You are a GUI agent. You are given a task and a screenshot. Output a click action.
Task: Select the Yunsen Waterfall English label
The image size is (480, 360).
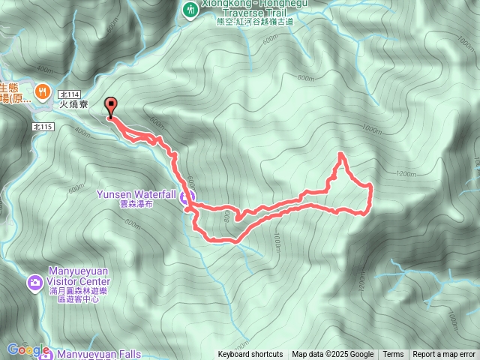(x=136, y=193)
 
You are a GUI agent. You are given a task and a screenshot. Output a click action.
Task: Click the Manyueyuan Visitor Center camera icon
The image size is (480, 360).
(x=34, y=283)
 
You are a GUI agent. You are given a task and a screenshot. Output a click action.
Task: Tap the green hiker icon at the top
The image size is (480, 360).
(x=190, y=9)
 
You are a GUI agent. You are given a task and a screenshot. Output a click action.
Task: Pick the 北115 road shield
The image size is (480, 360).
(x=43, y=127)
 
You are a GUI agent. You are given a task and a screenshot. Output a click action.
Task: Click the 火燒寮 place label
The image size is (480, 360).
(x=74, y=106)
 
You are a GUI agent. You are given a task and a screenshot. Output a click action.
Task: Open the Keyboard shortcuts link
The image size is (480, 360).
(x=250, y=355)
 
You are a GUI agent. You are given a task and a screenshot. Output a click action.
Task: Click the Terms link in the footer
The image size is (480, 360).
(x=393, y=355)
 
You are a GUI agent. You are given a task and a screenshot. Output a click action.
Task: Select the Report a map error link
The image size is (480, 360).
(x=444, y=355)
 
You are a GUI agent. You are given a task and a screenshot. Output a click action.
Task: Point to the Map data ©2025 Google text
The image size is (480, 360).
(x=333, y=355)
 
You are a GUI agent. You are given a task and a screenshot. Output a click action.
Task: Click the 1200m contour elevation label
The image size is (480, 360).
(x=404, y=174)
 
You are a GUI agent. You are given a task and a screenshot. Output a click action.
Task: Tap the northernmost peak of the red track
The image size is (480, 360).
(x=342, y=154)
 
